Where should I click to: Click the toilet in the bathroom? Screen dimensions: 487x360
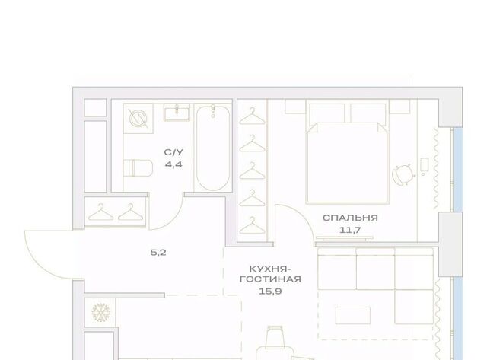click(x=138, y=168)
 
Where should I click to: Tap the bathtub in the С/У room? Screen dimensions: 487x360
click(x=213, y=148)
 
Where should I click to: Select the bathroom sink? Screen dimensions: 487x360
click(x=177, y=112)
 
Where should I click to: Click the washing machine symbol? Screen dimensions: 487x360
click(x=138, y=119)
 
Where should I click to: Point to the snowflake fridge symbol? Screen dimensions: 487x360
click(x=101, y=312)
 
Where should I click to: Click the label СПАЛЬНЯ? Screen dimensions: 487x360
click(x=350, y=218)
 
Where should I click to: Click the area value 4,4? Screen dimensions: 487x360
click(x=173, y=164)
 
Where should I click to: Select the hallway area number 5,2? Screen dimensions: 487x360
click(x=158, y=253)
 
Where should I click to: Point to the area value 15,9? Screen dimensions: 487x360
click(x=271, y=292)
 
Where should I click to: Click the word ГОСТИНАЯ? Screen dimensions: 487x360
click(x=271, y=279)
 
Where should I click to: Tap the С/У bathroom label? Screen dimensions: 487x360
click(x=173, y=152)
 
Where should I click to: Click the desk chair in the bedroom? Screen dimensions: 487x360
click(x=403, y=174)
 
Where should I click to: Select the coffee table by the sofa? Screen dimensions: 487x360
click(x=353, y=316)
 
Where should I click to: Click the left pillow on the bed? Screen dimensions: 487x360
click(x=327, y=113)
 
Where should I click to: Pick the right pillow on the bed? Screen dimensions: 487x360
click(x=368, y=113)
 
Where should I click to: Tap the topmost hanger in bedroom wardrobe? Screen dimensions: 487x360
click(x=252, y=116)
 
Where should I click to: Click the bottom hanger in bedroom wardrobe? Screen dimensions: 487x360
click(x=252, y=225)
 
